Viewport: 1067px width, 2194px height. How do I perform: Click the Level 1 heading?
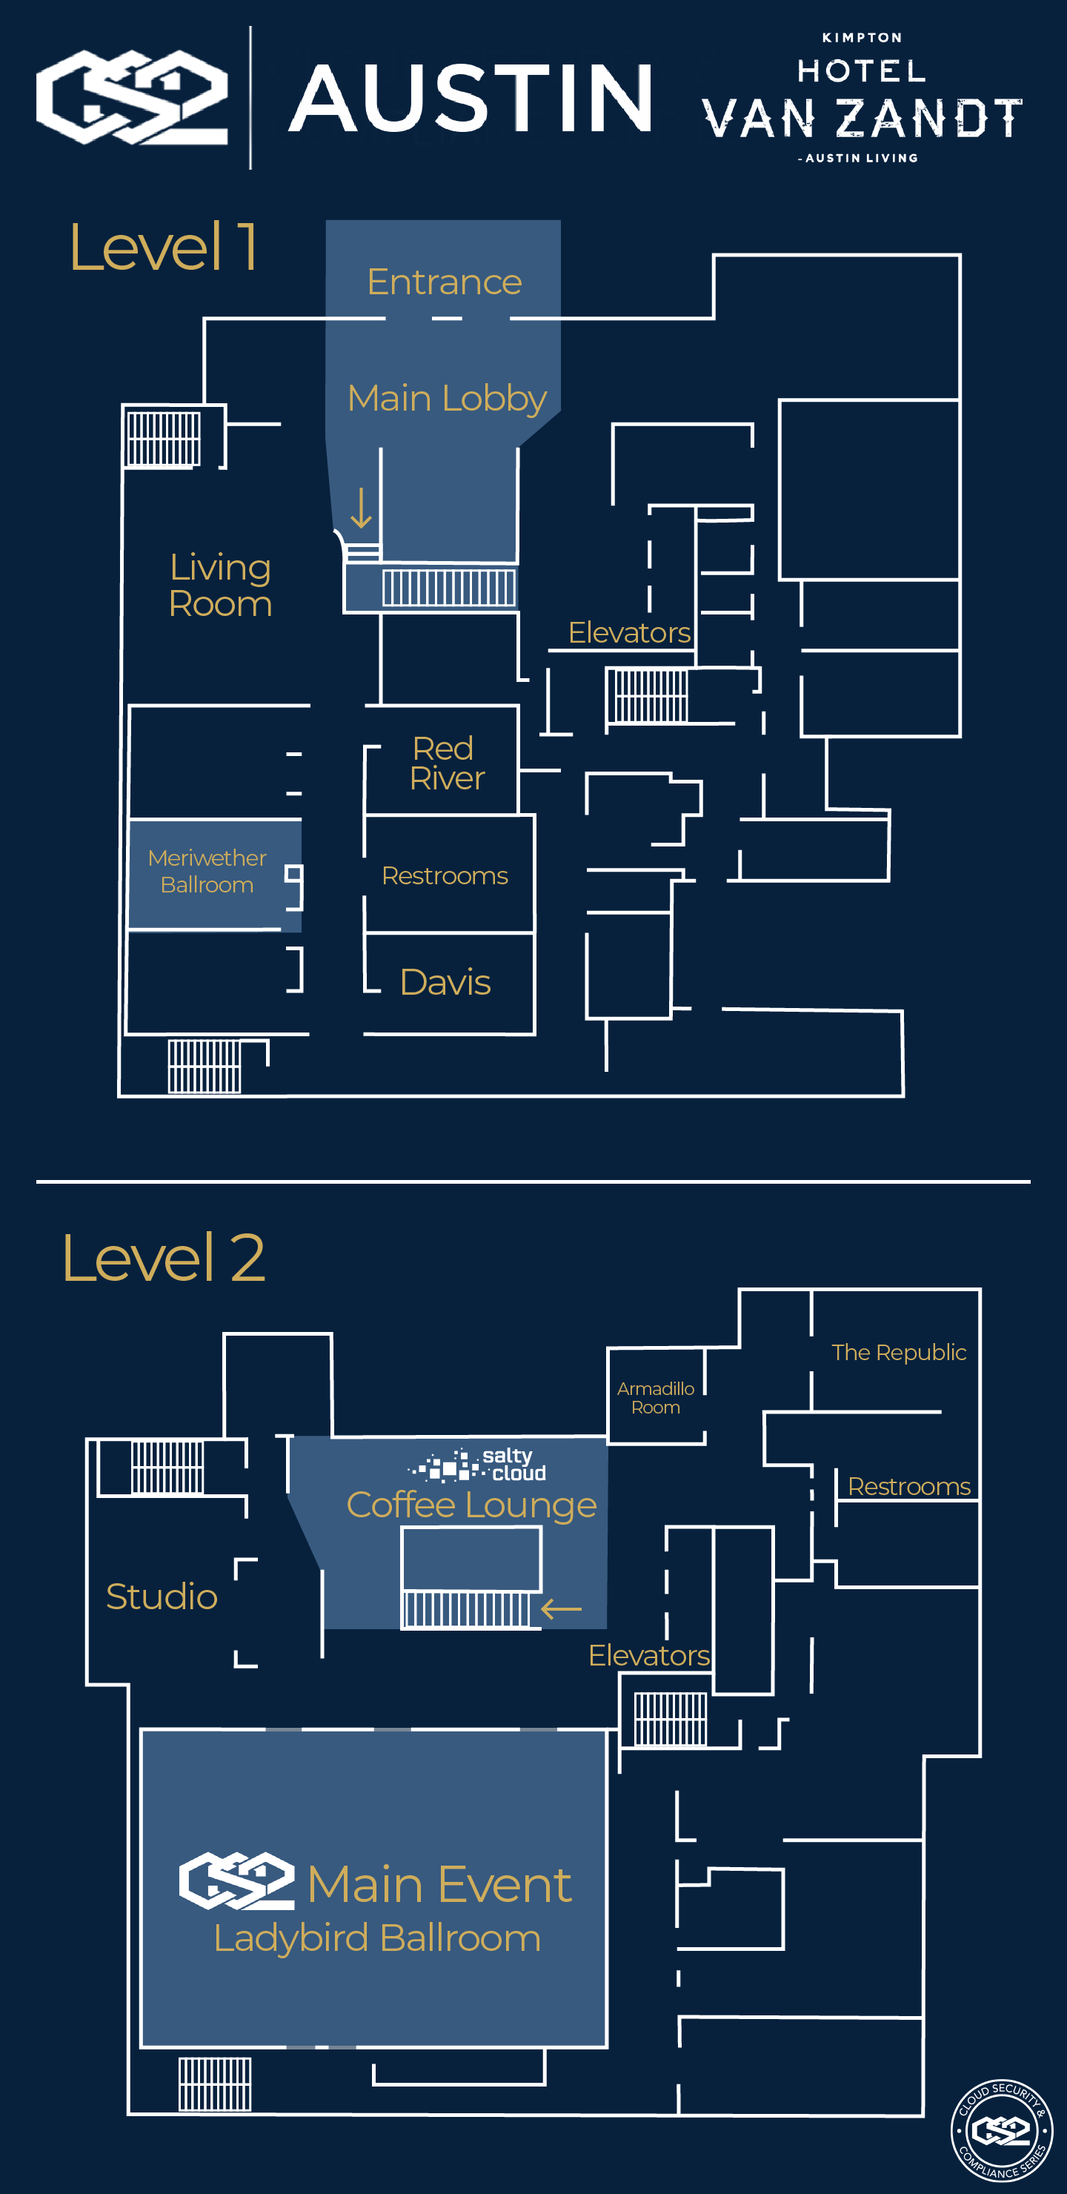(x=163, y=248)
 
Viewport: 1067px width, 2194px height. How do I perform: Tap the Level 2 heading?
(x=163, y=1257)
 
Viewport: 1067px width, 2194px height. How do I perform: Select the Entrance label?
(x=444, y=282)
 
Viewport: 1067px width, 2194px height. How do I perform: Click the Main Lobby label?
(x=446, y=399)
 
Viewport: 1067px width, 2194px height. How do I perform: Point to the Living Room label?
(x=220, y=585)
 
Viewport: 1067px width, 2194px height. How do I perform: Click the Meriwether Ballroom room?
(x=207, y=871)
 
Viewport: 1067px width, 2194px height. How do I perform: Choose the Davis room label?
(x=445, y=982)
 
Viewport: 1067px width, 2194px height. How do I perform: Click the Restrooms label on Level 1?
(x=445, y=875)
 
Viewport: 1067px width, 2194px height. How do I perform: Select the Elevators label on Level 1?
(x=628, y=633)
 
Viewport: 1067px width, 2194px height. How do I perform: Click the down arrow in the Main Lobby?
(x=361, y=508)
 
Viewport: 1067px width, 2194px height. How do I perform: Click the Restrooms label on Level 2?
(x=908, y=1486)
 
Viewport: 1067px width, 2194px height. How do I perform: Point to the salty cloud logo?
(x=477, y=1465)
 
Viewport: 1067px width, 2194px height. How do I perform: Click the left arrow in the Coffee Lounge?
(x=561, y=1609)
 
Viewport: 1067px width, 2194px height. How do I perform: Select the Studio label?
(x=161, y=1596)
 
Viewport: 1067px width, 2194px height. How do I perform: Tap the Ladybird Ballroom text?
(x=376, y=1938)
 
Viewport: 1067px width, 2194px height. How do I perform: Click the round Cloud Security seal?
(x=1002, y=2131)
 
